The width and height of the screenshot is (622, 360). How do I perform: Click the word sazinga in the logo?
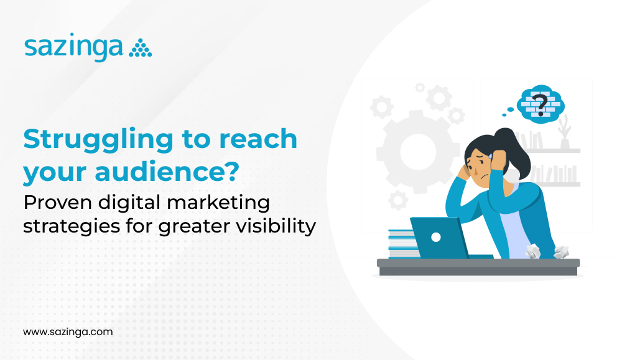coord(73,48)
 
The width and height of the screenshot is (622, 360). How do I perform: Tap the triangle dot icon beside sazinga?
coord(140,49)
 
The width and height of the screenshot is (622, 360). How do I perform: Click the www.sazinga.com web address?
coord(68,332)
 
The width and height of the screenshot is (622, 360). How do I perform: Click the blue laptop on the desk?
coord(435,237)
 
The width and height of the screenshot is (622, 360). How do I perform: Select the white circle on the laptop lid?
coord(435,237)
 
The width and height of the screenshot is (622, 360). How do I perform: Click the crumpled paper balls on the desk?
coord(547,252)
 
